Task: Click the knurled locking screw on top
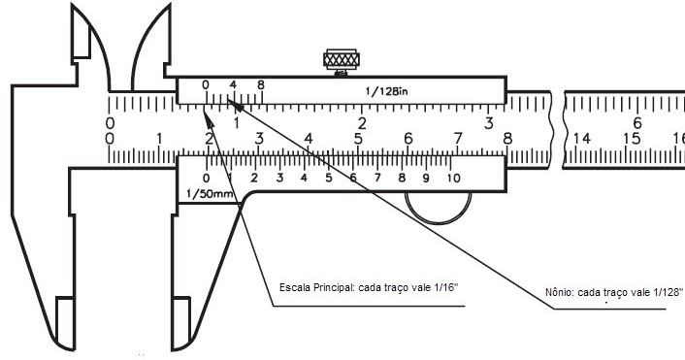coord(342,61)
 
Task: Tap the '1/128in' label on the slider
coord(386,91)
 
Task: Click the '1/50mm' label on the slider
coord(210,194)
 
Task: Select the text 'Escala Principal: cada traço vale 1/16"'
coord(369,287)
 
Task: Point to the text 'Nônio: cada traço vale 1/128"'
coord(614,292)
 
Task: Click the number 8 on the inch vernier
coord(261,84)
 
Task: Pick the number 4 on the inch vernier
coord(233,84)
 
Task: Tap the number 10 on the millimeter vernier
coord(453,179)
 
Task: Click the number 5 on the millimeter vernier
coord(329,179)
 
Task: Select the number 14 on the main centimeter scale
coord(582,139)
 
